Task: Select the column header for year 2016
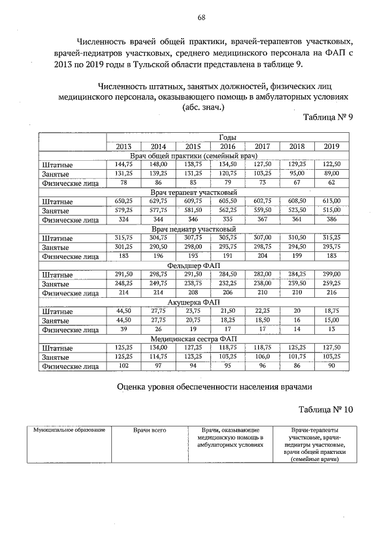227,147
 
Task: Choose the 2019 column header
332,147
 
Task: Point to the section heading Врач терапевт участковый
194,192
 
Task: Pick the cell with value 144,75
124,164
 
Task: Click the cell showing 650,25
124,201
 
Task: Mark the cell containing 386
332,220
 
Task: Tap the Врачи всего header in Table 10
149,430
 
